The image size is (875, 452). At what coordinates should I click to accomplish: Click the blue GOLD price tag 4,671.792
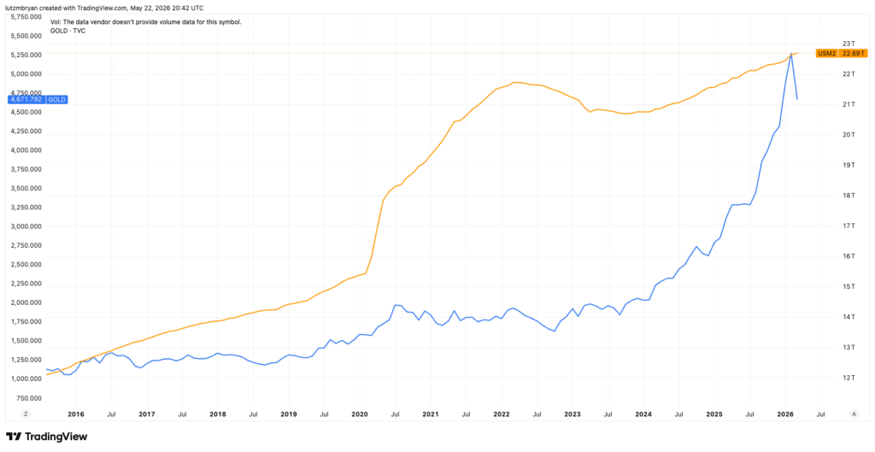pyautogui.click(x=38, y=100)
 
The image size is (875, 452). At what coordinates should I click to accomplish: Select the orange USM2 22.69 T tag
pyautogui.click(x=842, y=54)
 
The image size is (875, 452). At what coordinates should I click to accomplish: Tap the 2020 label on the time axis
pyautogui.click(x=360, y=414)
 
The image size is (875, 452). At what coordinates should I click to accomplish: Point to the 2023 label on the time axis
pyautogui.click(x=573, y=414)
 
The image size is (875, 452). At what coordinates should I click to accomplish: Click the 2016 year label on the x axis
pyautogui.click(x=75, y=414)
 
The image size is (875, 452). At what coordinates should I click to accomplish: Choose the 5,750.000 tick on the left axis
pyautogui.click(x=26, y=17)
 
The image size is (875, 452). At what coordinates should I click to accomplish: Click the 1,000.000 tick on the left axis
pyautogui.click(x=26, y=379)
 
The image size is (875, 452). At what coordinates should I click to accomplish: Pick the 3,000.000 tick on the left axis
pyautogui.click(x=26, y=226)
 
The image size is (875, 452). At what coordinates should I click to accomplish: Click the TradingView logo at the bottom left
pyautogui.click(x=46, y=437)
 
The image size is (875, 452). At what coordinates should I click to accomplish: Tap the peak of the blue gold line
pyautogui.click(x=791, y=54)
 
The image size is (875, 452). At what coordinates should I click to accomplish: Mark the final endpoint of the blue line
pyautogui.click(x=797, y=99)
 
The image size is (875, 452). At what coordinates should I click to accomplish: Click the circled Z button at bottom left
pyautogui.click(x=25, y=414)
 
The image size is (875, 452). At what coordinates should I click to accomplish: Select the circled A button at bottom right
pyautogui.click(x=854, y=414)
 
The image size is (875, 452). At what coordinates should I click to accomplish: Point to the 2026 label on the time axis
pyautogui.click(x=786, y=414)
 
